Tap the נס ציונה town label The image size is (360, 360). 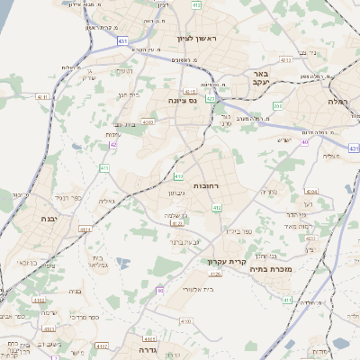pyautogui.click(x=183, y=102)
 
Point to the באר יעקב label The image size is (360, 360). pyautogui.click(x=260, y=78)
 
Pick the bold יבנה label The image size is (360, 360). pyautogui.click(x=49, y=218)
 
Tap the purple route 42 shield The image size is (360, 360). pyautogui.click(x=114, y=145)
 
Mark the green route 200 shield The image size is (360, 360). pyautogui.click(x=277, y=106)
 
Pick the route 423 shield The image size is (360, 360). pyautogui.click(x=210, y=98)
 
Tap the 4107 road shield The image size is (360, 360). pyautogui.click(x=102, y=344)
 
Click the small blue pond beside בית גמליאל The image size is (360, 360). pyautogui.click(x=136, y=264)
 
